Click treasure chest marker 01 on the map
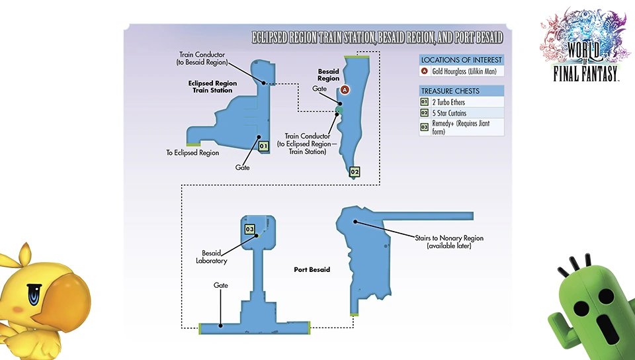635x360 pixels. click(263, 146)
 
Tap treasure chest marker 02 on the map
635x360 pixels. click(355, 172)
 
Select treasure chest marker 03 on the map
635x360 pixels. click(249, 229)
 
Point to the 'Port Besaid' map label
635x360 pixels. click(312, 270)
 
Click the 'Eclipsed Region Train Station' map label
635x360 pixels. click(212, 87)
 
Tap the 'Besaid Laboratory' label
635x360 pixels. click(215, 256)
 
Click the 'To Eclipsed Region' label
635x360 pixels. click(192, 153)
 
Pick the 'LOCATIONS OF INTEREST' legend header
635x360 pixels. click(462, 60)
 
